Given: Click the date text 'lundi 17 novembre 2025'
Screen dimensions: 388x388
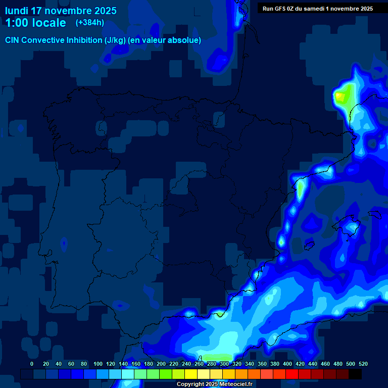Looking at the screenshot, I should pyautogui.click(x=61, y=11).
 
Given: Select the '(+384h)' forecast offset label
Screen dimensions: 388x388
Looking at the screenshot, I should pyautogui.click(x=89, y=23).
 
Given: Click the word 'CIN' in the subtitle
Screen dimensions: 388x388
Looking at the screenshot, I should pyautogui.click(x=13, y=40).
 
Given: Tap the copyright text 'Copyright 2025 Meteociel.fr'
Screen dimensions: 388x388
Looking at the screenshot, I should pyautogui.click(x=214, y=384).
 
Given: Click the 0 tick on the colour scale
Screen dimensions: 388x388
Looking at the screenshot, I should pyautogui.click(x=32, y=364).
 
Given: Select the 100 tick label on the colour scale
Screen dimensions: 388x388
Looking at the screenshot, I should pyautogui.click(x=98, y=364).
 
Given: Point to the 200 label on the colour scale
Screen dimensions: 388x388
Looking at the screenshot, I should pyautogui.click(x=161, y=364).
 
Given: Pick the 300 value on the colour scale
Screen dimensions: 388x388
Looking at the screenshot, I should pyautogui.click(x=224, y=364).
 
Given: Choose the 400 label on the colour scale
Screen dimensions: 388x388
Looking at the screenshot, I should pyautogui.click(x=287, y=364).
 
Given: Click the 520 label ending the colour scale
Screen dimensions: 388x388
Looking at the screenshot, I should pyautogui.click(x=363, y=364).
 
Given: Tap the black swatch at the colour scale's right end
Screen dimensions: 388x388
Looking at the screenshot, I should pyautogui.click(x=355, y=374).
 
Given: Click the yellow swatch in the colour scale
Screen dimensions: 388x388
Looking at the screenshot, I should pyautogui.click(x=191, y=374).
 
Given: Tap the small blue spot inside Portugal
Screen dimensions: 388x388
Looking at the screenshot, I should pyautogui.click(x=64, y=245).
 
